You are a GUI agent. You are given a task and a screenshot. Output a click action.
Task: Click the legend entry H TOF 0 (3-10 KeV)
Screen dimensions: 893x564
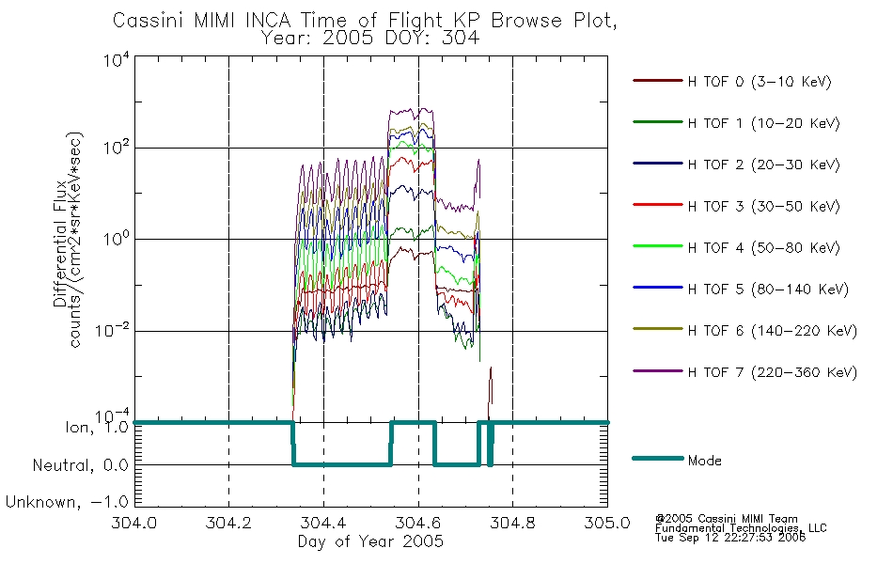click(x=760, y=82)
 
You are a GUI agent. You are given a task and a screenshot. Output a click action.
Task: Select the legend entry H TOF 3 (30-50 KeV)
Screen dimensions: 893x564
click(x=763, y=206)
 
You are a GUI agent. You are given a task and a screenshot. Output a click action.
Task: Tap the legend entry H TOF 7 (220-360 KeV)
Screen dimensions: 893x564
click(x=773, y=372)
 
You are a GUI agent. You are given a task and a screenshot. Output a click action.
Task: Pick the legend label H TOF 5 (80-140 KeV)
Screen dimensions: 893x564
click(x=768, y=290)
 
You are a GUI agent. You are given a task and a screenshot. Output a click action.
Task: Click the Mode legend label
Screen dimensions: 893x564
click(x=704, y=461)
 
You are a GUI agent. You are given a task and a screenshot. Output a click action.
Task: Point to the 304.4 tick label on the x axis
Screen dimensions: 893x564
click(x=323, y=523)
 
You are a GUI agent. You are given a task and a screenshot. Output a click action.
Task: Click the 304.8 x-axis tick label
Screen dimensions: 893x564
click(x=512, y=523)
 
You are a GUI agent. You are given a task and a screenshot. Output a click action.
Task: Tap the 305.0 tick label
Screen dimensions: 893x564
click(x=607, y=523)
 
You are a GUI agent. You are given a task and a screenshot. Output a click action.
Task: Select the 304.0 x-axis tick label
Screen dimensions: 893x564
click(x=133, y=523)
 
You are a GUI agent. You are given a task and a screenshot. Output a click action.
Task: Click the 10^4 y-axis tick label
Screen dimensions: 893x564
click(x=117, y=59)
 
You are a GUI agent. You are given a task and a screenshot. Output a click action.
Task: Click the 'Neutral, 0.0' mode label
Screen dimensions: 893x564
click(x=80, y=465)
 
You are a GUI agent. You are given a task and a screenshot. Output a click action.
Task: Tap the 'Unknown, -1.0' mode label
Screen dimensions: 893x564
click(x=67, y=502)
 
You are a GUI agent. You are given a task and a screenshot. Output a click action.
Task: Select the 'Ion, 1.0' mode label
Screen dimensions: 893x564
click(x=98, y=427)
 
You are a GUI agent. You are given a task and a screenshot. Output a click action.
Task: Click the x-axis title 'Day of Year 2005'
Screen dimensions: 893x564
click(x=370, y=541)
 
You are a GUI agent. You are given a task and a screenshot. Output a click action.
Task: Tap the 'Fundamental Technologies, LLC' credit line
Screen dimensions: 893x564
click(x=741, y=528)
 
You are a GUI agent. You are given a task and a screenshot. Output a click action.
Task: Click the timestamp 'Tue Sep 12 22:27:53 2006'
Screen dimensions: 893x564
click(x=730, y=538)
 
